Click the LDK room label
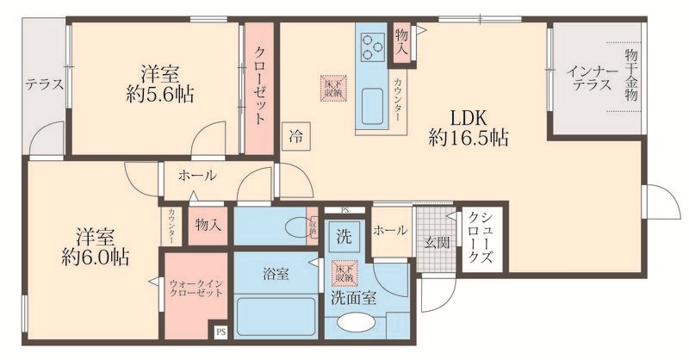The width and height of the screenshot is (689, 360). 468,117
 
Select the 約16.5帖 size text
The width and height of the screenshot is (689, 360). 468,138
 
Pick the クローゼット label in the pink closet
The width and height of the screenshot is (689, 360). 259,87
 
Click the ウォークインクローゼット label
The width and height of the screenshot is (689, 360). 196,286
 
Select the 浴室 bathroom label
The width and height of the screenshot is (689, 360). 276,274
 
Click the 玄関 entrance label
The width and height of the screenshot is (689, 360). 436,243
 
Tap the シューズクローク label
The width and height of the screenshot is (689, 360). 481,242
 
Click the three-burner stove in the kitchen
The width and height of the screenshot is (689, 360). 374,44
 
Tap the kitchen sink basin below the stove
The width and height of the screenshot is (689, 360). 375,108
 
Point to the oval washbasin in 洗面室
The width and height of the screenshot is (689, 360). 357,325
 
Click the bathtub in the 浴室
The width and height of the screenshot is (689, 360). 274,318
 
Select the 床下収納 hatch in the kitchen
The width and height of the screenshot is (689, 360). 332,88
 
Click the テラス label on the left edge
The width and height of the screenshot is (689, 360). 42,84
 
